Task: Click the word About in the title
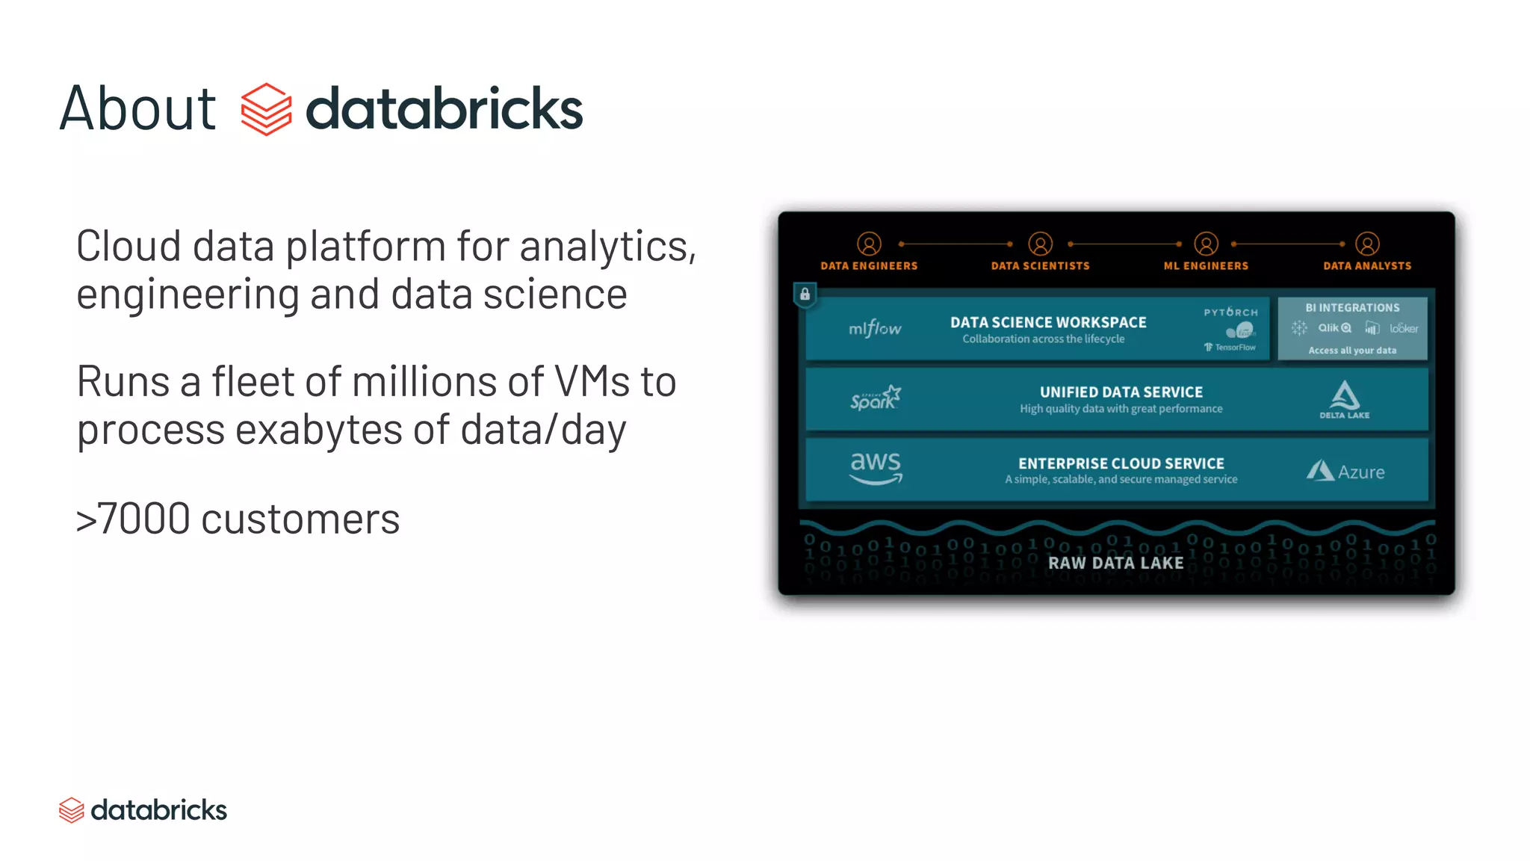click(138, 109)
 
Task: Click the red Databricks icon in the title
click(266, 109)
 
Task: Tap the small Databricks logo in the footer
click(72, 810)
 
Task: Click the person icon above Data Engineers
click(869, 244)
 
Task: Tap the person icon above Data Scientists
click(1040, 244)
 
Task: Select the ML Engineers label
click(1206, 266)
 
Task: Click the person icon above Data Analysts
click(1367, 244)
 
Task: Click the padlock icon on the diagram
click(805, 294)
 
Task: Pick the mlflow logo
click(875, 329)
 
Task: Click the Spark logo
click(876, 398)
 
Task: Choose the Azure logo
click(1345, 472)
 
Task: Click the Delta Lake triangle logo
click(1345, 395)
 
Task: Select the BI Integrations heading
click(1352, 308)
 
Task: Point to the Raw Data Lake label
click(1115, 563)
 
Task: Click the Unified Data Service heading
click(1121, 392)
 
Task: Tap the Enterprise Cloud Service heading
click(1121, 463)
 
